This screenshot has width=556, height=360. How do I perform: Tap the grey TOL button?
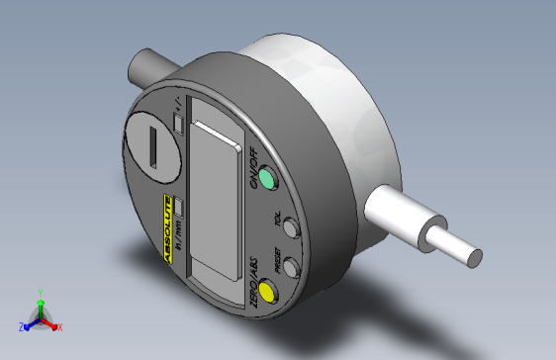pos(290,229)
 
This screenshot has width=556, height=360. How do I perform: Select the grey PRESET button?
pos(291,266)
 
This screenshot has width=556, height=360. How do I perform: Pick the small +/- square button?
pos(177,123)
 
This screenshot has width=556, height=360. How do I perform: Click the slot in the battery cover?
pos(154,149)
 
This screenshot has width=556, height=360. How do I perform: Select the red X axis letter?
pos(59,326)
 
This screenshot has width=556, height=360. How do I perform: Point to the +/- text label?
pos(175,104)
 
